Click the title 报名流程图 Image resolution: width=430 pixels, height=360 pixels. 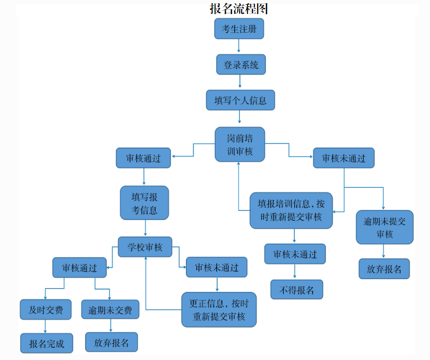pos(239,9)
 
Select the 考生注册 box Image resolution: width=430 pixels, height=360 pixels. pos(239,29)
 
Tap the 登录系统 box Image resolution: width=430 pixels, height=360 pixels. pos(241,65)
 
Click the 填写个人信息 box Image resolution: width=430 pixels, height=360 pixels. pos(240,100)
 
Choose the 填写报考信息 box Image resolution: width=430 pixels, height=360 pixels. pos(144,203)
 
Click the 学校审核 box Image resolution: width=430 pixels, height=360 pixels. pos(145,247)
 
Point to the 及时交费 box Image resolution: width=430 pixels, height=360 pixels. pos(46,310)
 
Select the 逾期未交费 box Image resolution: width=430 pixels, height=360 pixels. pos(110,310)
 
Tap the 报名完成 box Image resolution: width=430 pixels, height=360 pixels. pos(46,343)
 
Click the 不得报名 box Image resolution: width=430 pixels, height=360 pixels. pos(297,290)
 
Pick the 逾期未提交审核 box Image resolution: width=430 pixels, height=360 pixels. pos(384,228)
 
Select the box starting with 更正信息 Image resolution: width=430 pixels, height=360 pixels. pos(219,310)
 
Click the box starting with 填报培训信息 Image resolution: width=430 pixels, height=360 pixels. pos(291,211)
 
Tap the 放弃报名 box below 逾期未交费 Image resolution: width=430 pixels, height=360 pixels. pos(111,342)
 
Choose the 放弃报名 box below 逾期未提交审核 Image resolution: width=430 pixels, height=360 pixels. pos(384,269)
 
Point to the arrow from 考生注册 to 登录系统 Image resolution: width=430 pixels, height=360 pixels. pos(239,46)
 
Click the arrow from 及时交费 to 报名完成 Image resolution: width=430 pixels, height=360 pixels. pos(45,326)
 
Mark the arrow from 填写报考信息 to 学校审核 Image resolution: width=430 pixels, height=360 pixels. pos(144,228)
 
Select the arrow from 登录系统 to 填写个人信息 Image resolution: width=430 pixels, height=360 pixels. pos(240,82)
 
